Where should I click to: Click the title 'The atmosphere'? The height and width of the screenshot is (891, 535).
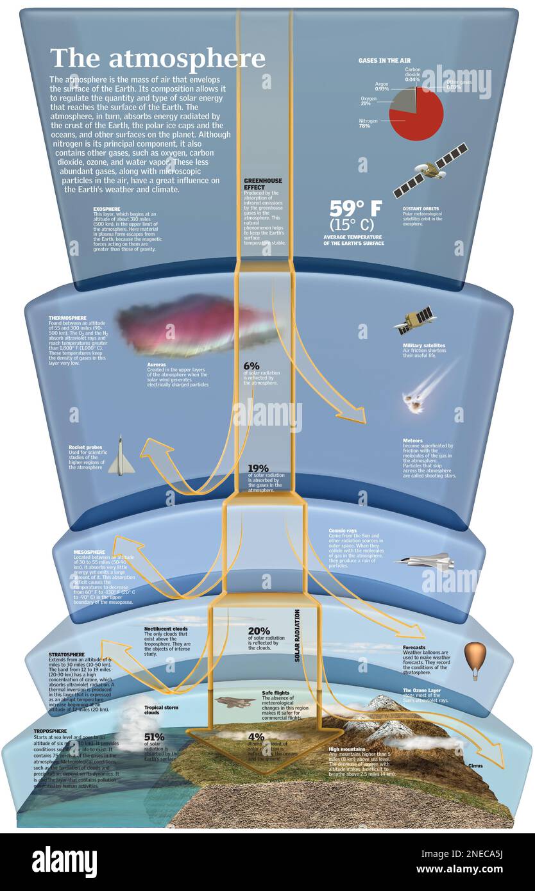[x=157, y=58]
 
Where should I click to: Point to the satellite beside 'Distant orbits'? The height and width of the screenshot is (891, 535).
[x=430, y=170]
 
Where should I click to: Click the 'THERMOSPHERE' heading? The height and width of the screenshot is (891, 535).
[x=67, y=318]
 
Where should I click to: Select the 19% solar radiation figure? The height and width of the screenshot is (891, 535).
[x=258, y=469]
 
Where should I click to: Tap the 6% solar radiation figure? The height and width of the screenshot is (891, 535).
[x=251, y=366]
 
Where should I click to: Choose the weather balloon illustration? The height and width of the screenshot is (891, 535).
[x=475, y=658]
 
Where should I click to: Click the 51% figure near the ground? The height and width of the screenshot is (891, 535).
[x=154, y=737]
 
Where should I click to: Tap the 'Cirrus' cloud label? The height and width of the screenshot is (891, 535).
[x=475, y=765]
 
